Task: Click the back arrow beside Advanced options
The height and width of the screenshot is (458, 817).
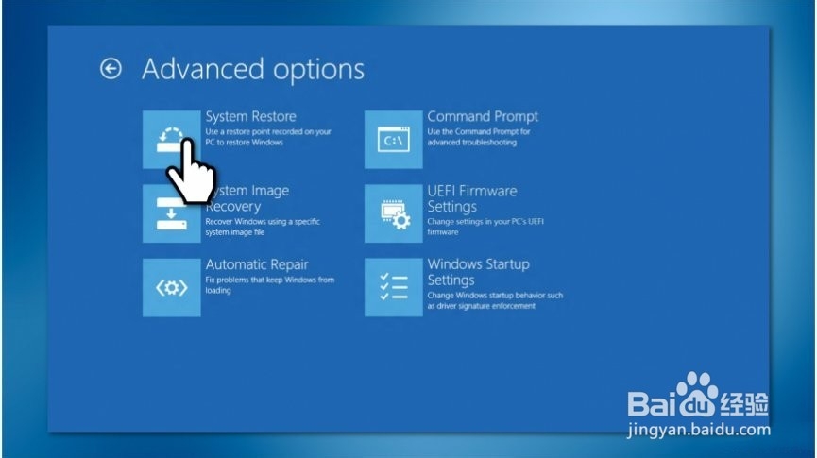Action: (x=111, y=69)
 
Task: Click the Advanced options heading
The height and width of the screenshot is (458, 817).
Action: (x=253, y=69)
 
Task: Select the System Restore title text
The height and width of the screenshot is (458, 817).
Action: (x=250, y=116)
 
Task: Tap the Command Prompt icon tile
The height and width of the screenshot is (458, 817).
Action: (x=394, y=139)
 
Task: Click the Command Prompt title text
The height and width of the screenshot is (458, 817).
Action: (x=483, y=116)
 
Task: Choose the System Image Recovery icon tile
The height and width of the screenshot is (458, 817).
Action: (x=171, y=213)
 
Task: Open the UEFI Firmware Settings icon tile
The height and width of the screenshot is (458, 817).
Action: (x=394, y=213)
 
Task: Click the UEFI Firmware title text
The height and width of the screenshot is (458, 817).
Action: (x=472, y=191)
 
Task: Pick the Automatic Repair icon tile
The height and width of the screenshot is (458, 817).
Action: (x=171, y=287)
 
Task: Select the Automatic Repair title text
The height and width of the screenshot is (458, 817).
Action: (x=257, y=264)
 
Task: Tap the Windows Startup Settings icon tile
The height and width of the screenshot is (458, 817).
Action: (x=394, y=287)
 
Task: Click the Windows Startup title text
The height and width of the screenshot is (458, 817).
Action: (x=478, y=264)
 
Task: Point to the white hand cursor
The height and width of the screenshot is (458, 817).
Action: (x=191, y=173)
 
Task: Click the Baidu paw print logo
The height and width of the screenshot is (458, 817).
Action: (x=697, y=395)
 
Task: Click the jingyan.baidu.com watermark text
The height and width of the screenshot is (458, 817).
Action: (x=699, y=430)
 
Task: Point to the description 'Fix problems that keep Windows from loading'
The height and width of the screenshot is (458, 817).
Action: (x=270, y=285)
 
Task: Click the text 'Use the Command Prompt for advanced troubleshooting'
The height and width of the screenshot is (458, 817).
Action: (x=478, y=137)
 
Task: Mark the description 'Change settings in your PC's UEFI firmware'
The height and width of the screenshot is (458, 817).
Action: (x=485, y=227)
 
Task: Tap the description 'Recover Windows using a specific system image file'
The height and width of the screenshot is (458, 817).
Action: (x=263, y=227)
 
